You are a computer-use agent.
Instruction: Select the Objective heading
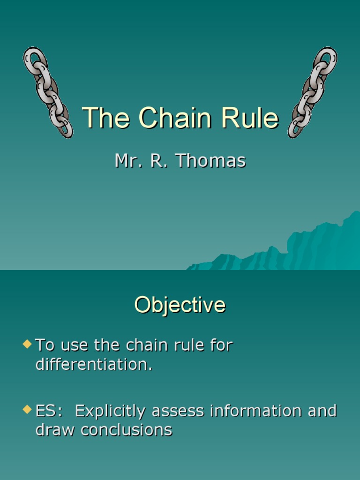[180, 305]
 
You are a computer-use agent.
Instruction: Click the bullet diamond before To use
[27, 345]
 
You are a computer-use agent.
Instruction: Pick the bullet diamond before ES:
[27, 410]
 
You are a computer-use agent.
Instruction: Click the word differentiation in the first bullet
[94, 365]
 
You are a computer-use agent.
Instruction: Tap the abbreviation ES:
[49, 411]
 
